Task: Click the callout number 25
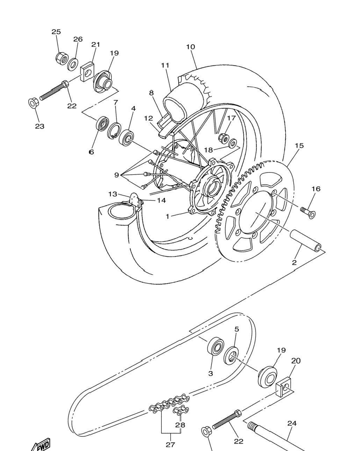(56, 32)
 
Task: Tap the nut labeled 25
(62, 58)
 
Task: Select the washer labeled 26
(73, 64)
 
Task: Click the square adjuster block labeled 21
(87, 72)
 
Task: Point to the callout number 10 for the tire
(190, 47)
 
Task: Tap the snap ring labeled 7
(114, 131)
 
